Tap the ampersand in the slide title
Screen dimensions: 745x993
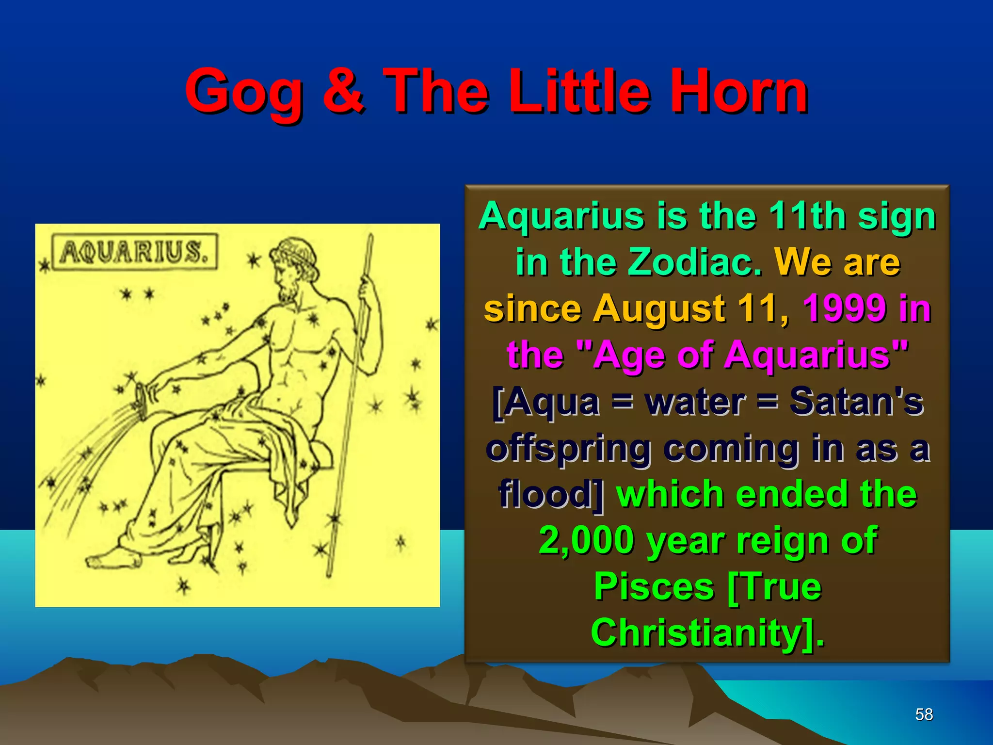tap(343, 91)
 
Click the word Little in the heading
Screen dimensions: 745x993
tap(579, 91)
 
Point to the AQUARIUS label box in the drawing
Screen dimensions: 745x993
tap(134, 252)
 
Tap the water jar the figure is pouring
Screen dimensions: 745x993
tap(142, 400)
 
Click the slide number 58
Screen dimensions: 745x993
tap(924, 714)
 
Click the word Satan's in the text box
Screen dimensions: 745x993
tap(856, 401)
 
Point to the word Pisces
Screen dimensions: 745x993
tap(654, 586)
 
